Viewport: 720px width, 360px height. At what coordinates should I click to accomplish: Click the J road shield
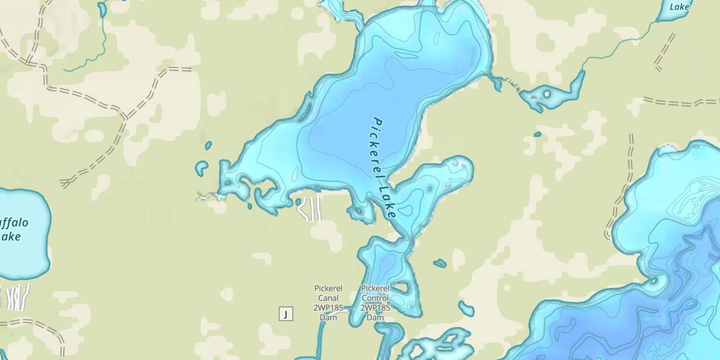[x=286, y=314]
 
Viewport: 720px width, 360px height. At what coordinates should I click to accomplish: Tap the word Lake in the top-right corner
[x=680, y=7]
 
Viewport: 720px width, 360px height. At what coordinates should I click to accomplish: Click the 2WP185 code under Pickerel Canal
[x=328, y=308]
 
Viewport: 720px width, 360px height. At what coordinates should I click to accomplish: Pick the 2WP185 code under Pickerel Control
[x=375, y=308]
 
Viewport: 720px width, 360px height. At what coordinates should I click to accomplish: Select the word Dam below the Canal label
[x=328, y=318]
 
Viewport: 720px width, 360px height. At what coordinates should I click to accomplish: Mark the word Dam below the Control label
[x=375, y=318]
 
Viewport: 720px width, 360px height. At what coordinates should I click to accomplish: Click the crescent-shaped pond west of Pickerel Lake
[x=201, y=168]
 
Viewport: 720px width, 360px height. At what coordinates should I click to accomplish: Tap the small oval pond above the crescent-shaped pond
[x=208, y=145]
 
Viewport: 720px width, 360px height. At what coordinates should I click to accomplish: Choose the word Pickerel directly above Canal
[x=328, y=288]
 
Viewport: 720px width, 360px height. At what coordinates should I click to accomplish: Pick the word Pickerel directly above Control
[x=375, y=288]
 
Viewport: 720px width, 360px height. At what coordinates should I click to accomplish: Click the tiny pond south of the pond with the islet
[x=538, y=134]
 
